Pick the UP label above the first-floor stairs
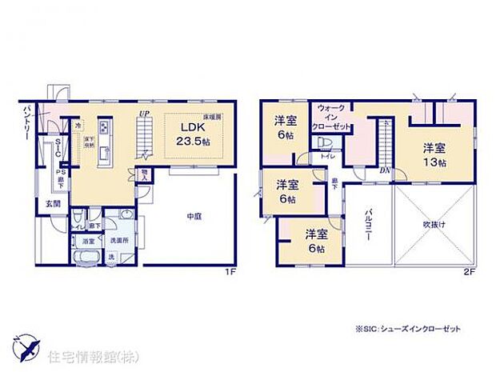pos(144,114)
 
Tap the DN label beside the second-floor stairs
pos(384,170)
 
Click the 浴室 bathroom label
pos(88,240)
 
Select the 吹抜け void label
pos(434,225)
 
